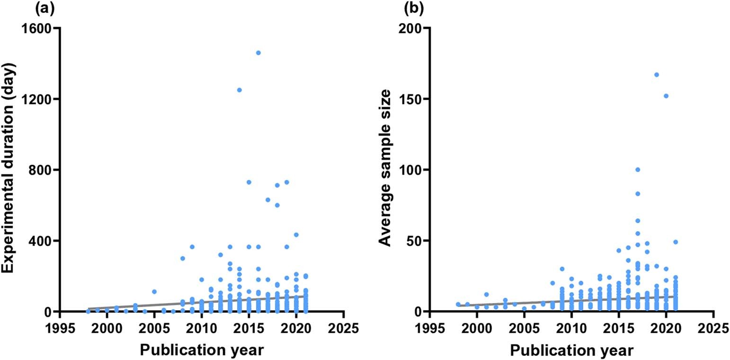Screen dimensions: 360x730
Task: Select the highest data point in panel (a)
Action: (258, 53)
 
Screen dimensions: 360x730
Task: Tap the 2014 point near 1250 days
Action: (239, 90)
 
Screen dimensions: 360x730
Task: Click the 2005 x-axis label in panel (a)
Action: (154, 328)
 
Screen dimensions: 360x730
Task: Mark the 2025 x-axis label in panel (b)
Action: (713, 328)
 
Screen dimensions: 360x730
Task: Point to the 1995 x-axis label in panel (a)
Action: (60, 328)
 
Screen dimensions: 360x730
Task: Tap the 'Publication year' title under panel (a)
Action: (202, 350)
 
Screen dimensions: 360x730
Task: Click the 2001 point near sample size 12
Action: (486, 295)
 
